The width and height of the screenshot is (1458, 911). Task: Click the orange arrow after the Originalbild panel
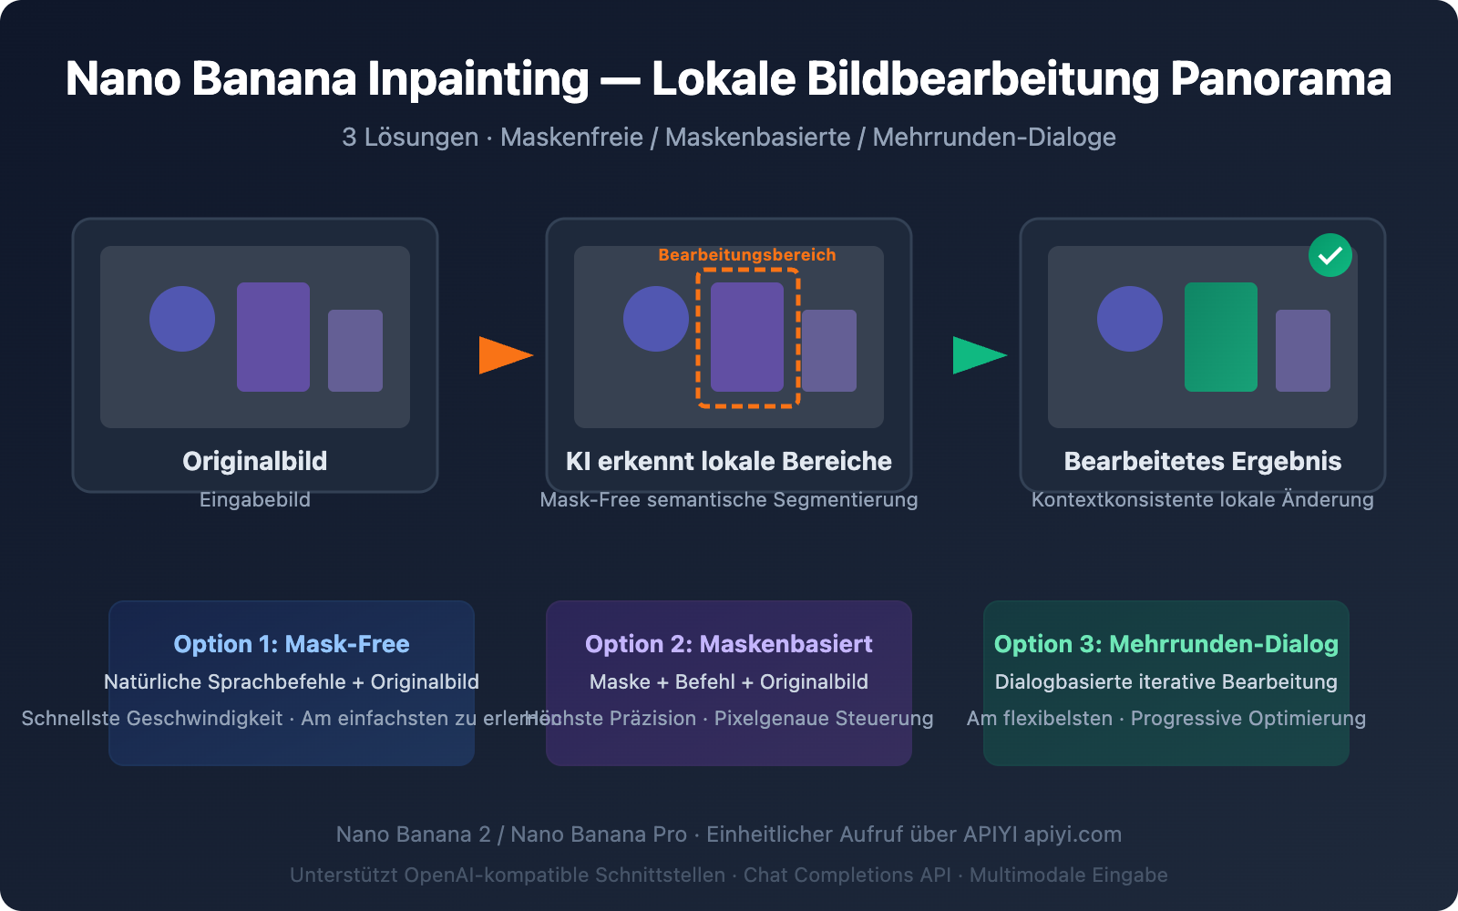coord(504,355)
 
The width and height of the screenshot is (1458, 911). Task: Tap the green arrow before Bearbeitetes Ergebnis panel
coord(978,355)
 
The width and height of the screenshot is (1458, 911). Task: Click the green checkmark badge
coord(1330,255)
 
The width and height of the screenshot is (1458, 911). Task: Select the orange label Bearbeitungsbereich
coord(747,255)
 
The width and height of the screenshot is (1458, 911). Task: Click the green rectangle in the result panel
coord(1221,337)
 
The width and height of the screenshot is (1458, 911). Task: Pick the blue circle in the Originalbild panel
coord(182,319)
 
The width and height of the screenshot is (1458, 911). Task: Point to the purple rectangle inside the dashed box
coord(747,337)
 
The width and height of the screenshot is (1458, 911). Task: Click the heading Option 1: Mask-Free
coord(292,644)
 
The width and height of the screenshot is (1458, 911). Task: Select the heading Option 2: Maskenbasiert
coord(729,644)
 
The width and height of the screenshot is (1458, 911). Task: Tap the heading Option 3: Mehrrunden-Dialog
coord(1166,644)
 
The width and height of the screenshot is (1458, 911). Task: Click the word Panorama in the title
coord(1280,79)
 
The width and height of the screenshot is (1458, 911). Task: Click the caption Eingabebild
coord(255,499)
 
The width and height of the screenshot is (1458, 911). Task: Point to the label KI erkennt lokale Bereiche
coord(729,461)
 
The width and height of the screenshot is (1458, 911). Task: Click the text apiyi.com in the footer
coord(1073,834)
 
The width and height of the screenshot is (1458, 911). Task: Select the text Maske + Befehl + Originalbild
coord(729,681)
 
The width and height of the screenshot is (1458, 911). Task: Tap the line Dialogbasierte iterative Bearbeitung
coord(1166,681)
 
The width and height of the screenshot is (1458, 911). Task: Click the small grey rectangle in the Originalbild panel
coord(355,351)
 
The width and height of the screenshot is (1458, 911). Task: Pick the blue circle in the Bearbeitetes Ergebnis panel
coord(1130,319)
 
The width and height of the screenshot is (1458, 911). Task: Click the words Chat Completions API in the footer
coord(847,875)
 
